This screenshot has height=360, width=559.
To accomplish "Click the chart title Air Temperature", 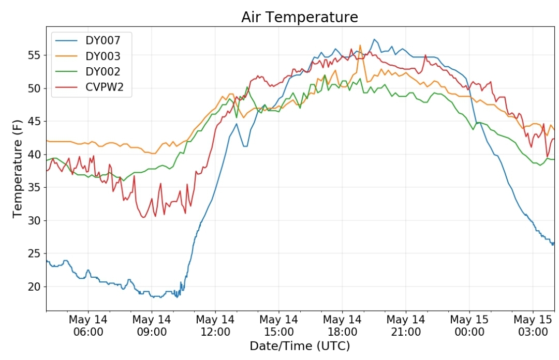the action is pyautogui.click(x=300, y=17).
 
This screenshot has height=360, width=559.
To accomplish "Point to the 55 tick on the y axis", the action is pyautogui.click(x=35, y=55).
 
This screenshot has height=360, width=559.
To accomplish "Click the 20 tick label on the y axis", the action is pyautogui.click(x=35, y=287).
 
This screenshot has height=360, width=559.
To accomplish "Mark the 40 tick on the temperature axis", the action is pyautogui.click(x=35, y=154).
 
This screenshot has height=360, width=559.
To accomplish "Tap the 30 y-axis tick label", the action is pyautogui.click(x=35, y=221).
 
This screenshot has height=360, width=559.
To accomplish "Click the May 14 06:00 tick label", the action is pyautogui.click(x=88, y=325).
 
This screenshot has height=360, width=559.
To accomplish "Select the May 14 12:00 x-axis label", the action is pyautogui.click(x=215, y=325).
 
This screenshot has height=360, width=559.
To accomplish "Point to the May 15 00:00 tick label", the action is pyautogui.click(x=469, y=325).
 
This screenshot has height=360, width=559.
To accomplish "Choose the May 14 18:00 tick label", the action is pyautogui.click(x=342, y=325).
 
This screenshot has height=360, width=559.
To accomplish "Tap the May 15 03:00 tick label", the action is pyautogui.click(x=533, y=325).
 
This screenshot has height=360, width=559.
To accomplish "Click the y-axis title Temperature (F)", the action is pyautogui.click(x=17, y=169).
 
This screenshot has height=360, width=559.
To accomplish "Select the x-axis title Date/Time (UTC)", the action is pyautogui.click(x=300, y=346).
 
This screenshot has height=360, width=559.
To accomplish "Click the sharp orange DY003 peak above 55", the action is pyautogui.click(x=360, y=46).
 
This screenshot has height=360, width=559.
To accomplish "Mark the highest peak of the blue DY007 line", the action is pyautogui.click(x=374, y=39).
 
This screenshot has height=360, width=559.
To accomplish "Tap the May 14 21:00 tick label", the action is pyautogui.click(x=406, y=325).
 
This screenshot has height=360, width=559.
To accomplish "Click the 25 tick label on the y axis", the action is pyautogui.click(x=35, y=253).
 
